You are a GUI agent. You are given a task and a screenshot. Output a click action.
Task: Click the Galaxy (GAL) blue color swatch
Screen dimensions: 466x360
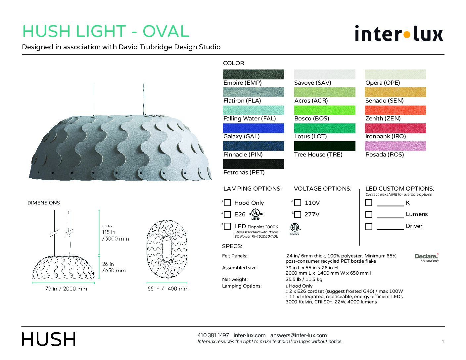254,128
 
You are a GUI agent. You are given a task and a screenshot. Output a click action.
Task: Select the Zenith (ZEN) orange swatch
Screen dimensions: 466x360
396,110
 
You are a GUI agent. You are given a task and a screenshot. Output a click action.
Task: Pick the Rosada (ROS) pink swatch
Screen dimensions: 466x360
396,146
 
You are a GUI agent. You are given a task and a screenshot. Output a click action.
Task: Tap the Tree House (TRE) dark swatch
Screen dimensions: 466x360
325,146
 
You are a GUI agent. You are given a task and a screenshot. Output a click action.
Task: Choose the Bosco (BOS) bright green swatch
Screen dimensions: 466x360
325,110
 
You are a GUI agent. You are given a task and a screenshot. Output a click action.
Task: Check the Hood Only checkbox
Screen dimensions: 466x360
227,202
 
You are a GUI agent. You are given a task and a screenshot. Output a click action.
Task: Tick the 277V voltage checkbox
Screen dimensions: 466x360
298,214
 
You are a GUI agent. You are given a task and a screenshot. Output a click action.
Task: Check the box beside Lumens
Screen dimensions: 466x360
369,214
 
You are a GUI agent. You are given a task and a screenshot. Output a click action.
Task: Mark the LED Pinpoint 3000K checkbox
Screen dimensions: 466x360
227,226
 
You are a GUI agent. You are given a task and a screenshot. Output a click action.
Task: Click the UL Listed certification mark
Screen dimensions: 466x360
256,214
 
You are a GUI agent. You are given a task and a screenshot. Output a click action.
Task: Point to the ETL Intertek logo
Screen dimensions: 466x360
295,229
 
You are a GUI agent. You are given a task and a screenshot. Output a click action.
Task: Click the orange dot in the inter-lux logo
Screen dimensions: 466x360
406,35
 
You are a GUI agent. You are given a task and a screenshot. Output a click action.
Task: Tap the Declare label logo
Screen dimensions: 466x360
427,257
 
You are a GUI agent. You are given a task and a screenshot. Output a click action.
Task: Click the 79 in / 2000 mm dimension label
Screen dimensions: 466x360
66,289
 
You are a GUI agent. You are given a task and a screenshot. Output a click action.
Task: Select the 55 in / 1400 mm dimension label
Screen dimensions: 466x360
168,289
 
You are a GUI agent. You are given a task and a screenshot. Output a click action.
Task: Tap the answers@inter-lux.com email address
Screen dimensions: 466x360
299,335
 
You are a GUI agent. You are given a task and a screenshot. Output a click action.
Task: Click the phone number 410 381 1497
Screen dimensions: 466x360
213,335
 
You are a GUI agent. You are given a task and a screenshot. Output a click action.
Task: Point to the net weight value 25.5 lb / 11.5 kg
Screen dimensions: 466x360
304,279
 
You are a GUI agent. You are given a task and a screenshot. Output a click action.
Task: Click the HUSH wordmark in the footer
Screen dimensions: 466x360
49,339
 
